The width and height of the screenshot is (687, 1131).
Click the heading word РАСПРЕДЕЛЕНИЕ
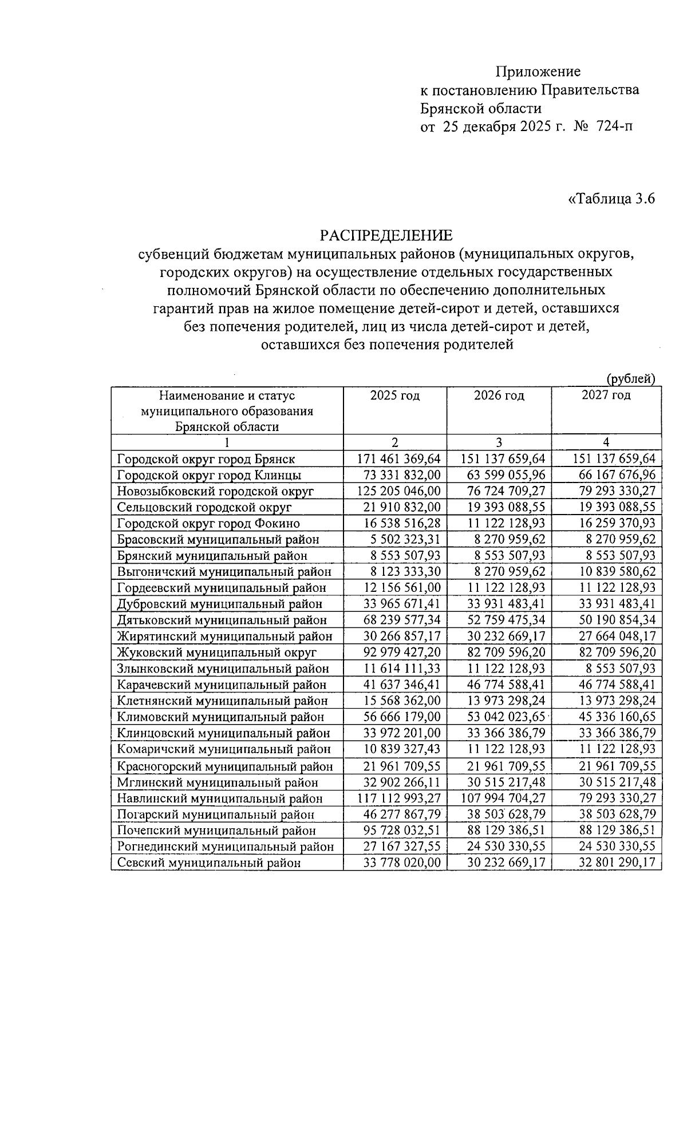pos(385,235)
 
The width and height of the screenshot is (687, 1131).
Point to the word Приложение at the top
pos(538,72)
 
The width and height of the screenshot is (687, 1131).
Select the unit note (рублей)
pos(630,378)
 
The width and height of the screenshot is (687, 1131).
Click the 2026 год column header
pos(499,396)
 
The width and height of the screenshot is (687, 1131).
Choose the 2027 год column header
pos(606,395)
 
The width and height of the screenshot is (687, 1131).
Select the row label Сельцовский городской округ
pos(204,507)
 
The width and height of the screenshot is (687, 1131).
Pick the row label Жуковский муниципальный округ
pos(216,652)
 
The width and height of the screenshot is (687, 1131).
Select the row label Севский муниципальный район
pos(208,863)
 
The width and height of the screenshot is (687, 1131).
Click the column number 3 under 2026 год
pos(499,442)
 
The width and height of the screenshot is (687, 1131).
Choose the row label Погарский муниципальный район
pos(216,814)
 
